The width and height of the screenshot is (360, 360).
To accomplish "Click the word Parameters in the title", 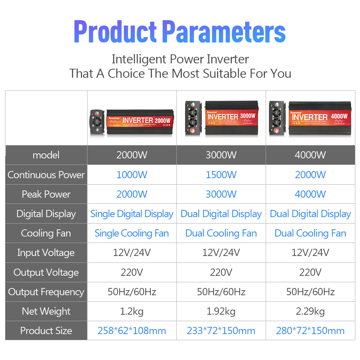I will click(x=224, y=32).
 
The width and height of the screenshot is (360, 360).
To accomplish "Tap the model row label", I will click(x=46, y=155).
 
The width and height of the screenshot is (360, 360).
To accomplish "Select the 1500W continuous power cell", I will click(x=221, y=175).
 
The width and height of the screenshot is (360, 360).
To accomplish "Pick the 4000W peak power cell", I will click(x=310, y=194).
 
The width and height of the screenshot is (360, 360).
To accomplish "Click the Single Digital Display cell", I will click(x=132, y=214).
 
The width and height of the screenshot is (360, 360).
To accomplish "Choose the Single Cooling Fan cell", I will click(x=132, y=233).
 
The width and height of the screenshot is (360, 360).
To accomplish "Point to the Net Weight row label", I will click(x=46, y=311).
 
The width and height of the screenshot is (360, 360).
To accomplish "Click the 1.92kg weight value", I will click(x=221, y=311).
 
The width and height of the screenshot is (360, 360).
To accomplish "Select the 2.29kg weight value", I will click(x=310, y=311).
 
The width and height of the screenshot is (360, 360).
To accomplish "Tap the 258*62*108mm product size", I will click(x=132, y=331).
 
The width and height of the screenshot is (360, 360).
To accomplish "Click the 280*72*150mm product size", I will click(x=310, y=331).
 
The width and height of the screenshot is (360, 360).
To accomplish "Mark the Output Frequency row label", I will click(x=46, y=292).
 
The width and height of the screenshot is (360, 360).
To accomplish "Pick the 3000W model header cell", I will click(x=221, y=155).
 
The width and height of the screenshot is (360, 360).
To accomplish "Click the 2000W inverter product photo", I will click(x=132, y=121).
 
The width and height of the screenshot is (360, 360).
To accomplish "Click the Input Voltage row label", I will click(x=46, y=253).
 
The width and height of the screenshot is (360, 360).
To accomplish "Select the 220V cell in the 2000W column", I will click(x=132, y=272).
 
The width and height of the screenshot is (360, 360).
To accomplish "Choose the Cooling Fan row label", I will click(x=46, y=233).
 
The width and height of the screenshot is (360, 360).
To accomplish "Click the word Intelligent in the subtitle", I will click(x=139, y=59).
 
